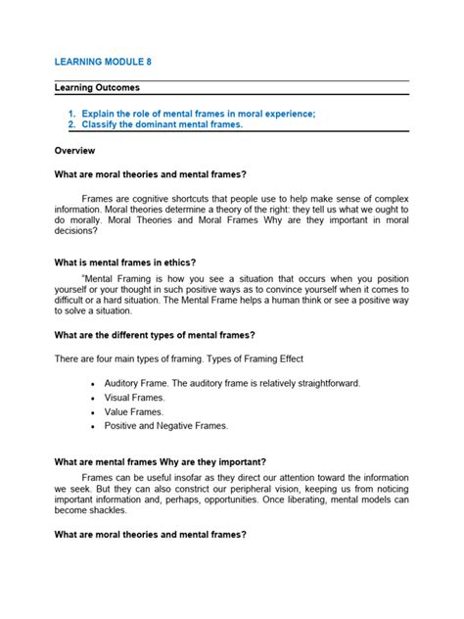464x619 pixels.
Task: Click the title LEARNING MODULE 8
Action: [x=103, y=61]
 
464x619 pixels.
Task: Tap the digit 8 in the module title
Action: [x=148, y=61]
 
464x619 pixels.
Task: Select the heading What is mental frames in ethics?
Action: [x=125, y=262]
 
